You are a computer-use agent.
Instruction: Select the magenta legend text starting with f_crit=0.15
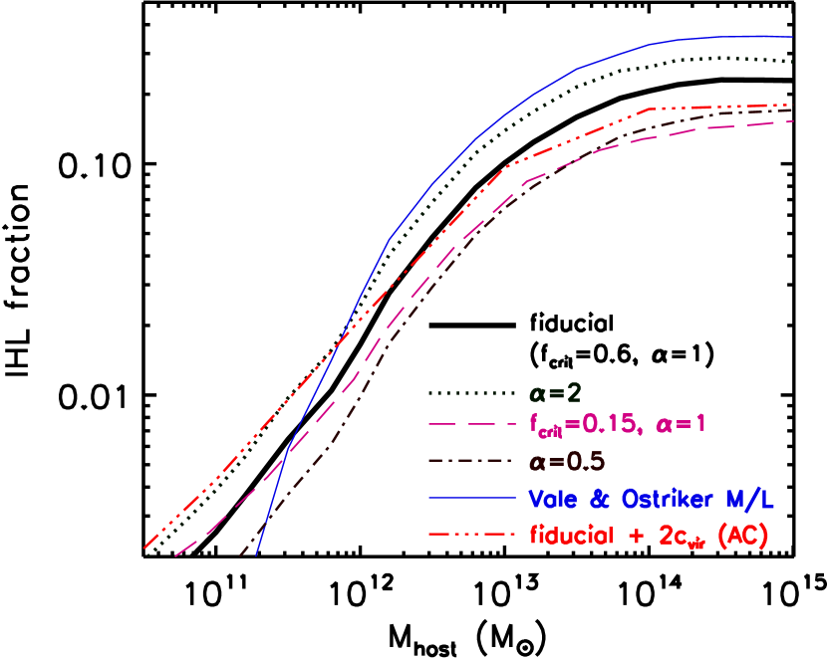(618, 425)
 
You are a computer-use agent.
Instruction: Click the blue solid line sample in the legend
(473, 497)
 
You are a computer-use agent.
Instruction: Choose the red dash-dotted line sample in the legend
(473, 534)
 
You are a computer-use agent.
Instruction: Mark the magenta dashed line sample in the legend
(473, 425)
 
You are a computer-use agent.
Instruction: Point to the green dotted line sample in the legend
(473, 390)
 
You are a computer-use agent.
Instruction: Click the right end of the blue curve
(792, 37)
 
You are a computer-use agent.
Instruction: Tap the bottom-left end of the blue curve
(255, 556)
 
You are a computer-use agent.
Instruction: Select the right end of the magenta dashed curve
(793, 121)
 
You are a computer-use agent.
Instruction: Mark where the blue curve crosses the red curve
(341, 339)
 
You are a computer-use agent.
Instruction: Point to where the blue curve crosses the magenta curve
(285, 455)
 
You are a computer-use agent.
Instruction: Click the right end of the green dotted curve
(792, 62)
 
